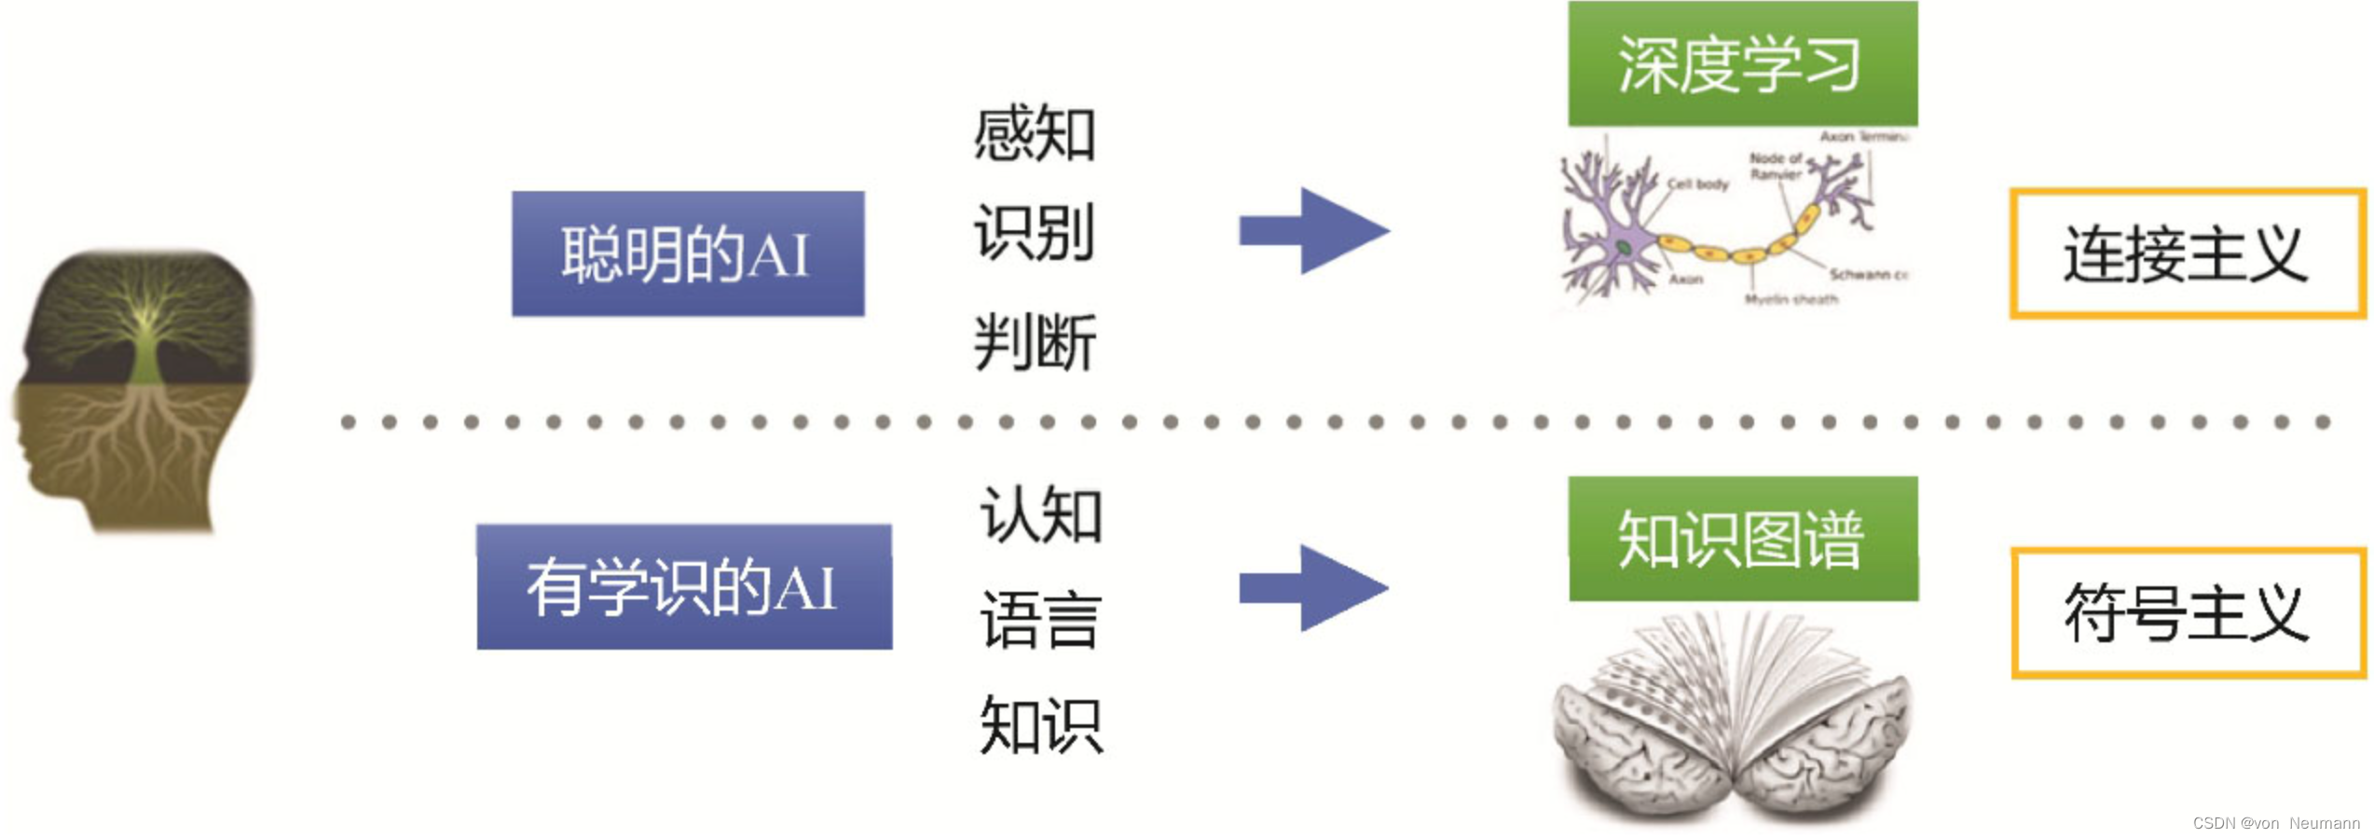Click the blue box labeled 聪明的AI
point(687,254)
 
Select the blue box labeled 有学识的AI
point(684,587)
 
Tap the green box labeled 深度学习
point(1741,63)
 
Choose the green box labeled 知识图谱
point(1742,539)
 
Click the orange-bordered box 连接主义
point(2186,254)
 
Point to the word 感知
point(1034,134)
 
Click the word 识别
point(1034,233)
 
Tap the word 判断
point(1034,342)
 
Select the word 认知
point(1040,514)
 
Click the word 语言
point(1040,620)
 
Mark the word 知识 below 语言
point(1040,725)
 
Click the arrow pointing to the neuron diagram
point(1313,230)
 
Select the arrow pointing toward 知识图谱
point(1313,588)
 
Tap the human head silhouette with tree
point(135,392)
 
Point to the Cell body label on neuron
point(1697,185)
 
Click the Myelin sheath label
point(1791,299)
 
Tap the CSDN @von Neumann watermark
point(2275,823)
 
